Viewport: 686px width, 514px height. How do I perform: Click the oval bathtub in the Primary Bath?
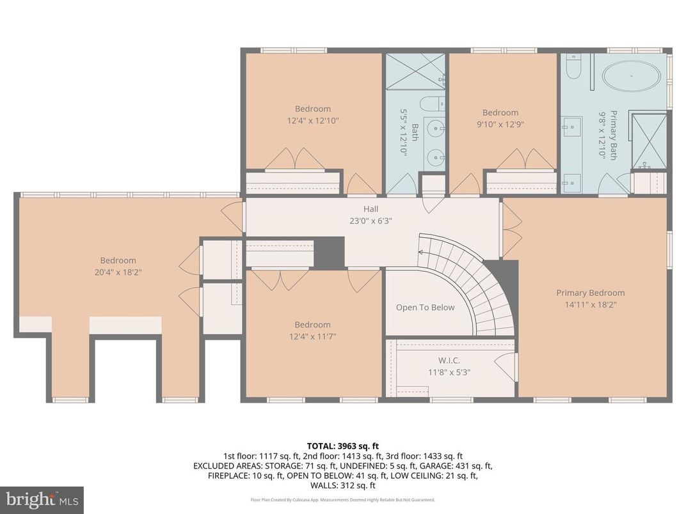point(631,77)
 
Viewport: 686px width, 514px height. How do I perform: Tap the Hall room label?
point(371,209)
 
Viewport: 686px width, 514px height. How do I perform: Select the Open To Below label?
point(425,308)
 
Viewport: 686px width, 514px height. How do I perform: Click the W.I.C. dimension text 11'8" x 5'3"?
point(449,372)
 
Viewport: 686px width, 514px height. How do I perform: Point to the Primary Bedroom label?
point(590,293)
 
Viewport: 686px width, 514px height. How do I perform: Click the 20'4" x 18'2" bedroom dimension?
point(118,272)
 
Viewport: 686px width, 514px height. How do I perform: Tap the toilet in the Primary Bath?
point(573,67)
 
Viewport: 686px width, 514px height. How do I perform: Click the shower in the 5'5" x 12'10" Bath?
point(415,71)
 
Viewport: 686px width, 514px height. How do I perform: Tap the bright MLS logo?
point(42,499)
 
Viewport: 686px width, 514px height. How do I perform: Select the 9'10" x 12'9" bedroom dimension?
point(500,124)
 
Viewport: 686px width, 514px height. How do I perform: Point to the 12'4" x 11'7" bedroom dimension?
point(312,336)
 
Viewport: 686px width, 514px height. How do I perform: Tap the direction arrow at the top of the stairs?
point(421,252)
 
